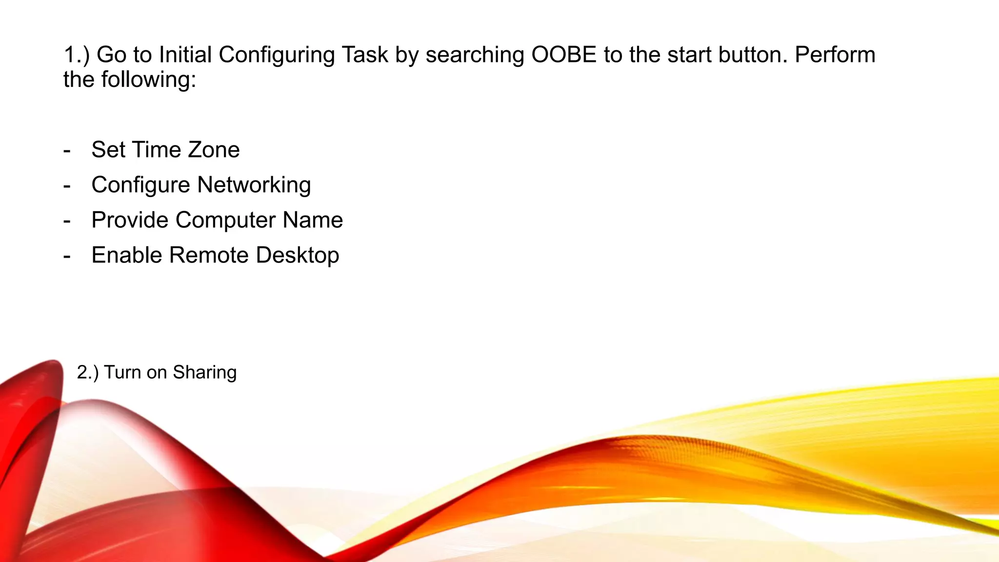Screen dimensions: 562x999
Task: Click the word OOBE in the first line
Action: click(564, 55)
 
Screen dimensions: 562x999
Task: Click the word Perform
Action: click(835, 55)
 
